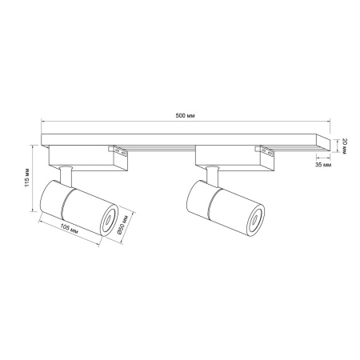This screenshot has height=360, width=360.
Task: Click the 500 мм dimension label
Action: pyautogui.click(x=185, y=116)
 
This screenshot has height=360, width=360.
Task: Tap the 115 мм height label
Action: pyautogui.click(x=27, y=178)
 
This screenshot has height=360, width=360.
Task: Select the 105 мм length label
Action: pyautogui.click(x=70, y=230)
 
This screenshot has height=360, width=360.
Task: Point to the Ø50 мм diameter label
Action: pyautogui.click(x=122, y=225)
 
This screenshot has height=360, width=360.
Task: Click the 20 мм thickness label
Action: pyautogui.click(x=343, y=146)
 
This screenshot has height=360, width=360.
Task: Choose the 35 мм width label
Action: pyautogui.click(x=323, y=165)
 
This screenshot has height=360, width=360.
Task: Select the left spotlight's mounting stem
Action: pyautogui.click(x=66, y=176)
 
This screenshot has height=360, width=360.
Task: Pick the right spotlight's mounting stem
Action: pyautogui.click(x=213, y=176)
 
